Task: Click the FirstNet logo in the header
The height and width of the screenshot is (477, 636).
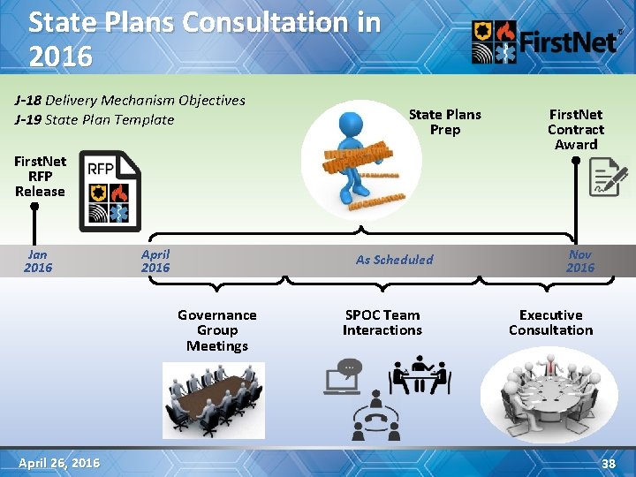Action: [x=544, y=42]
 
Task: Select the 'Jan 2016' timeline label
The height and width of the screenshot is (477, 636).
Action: [x=38, y=260]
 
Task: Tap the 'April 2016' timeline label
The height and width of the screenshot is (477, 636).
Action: [x=155, y=260]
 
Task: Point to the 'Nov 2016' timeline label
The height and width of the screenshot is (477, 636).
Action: [x=580, y=260]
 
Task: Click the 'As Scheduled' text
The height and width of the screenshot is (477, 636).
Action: [x=394, y=260]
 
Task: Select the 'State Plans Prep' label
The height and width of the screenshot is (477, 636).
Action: [x=444, y=122]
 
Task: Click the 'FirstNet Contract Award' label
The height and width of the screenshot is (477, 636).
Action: [x=576, y=129]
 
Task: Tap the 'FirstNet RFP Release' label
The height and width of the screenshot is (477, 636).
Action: [x=40, y=176]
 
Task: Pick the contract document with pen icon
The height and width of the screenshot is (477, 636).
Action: [x=608, y=177]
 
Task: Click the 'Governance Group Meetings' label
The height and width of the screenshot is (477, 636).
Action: [x=217, y=330]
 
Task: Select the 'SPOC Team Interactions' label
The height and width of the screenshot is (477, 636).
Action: [x=382, y=322]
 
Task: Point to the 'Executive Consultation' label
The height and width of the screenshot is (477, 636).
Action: [x=550, y=322]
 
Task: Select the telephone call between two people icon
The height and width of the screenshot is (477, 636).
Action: [x=376, y=417]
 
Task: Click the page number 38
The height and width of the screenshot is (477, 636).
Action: [x=608, y=463]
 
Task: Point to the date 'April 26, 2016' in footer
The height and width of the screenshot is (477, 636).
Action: [x=59, y=463]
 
